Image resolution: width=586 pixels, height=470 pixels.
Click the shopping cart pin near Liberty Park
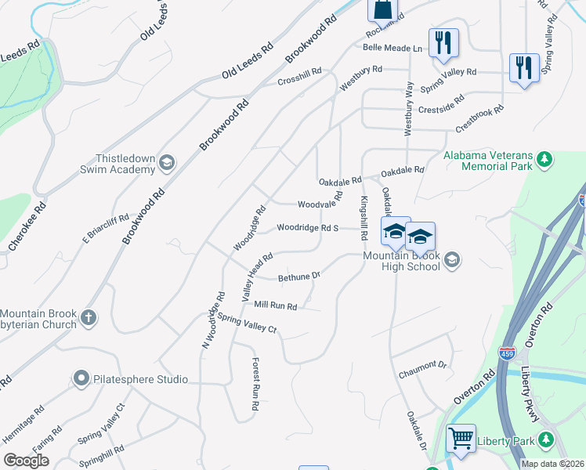(x=461, y=438)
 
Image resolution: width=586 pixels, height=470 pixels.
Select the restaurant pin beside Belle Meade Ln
(x=443, y=42)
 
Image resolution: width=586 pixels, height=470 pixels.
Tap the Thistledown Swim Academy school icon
(x=166, y=163)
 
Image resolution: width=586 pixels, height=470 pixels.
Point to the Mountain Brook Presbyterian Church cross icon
(x=89, y=318)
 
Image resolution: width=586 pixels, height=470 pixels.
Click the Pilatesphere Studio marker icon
(x=81, y=379)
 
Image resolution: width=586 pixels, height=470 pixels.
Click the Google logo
(x=26, y=460)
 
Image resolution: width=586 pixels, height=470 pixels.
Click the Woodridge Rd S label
(x=307, y=228)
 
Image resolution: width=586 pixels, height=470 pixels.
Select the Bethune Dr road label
(x=299, y=277)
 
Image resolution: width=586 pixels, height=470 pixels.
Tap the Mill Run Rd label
(x=275, y=305)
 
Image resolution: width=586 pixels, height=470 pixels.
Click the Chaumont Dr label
(x=421, y=365)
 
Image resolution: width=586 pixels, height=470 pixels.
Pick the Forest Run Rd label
(x=255, y=385)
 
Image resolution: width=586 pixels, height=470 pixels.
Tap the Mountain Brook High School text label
(x=402, y=262)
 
